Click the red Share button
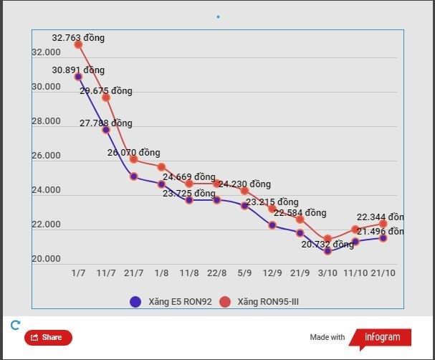point(48,337)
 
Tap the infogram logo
point(381,337)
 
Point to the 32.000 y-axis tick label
point(46,52)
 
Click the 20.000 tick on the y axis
point(46,259)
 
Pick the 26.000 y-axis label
point(46,156)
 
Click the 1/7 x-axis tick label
point(78,273)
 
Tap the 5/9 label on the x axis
point(244,273)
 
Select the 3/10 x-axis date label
point(328,273)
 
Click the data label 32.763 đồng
point(78,37)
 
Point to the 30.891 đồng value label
point(78,70)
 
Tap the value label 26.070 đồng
point(134,153)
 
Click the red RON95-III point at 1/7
point(78,44)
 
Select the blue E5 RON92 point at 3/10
point(328,251)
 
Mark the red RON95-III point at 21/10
point(383,224)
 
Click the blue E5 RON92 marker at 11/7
point(106,130)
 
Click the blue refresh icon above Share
point(15,325)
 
